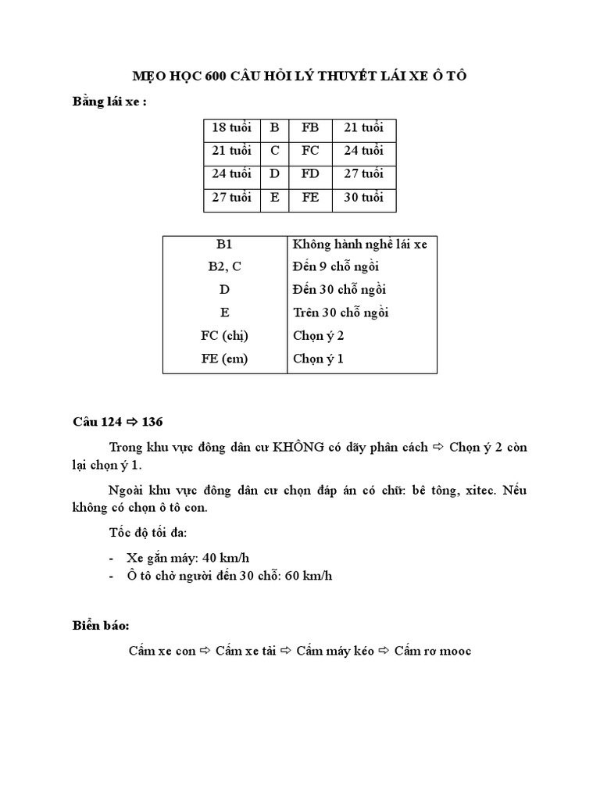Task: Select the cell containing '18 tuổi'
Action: click(x=232, y=128)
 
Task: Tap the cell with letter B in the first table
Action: click(x=274, y=128)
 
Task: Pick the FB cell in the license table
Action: click(x=310, y=128)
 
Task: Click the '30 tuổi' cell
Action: click(x=364, y=197)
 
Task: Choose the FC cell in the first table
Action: click(x=310, y=151)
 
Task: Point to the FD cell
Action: click(x=310, y=173)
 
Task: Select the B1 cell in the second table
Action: click(x=225, y=245)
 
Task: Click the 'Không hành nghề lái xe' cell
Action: click(x=359, y=245)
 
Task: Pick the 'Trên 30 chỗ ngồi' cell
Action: click(x=341, y=312)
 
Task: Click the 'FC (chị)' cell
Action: click(x=225, y=335)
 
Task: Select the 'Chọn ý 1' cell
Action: click(x=318, y=359)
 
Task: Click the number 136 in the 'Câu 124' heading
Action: click(x=153, y=423)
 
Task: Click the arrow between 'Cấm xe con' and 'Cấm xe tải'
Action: click(x=206, y=651)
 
